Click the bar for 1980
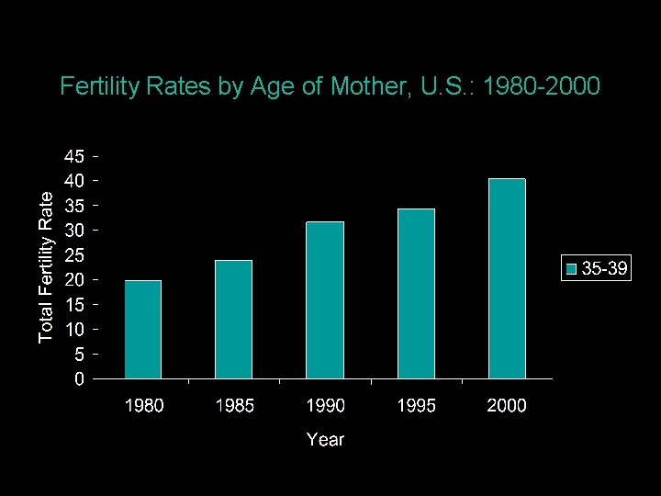(142, 329)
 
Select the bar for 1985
(233, 319)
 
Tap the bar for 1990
(325, 299)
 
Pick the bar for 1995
(416, 293)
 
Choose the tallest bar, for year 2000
(507, 278)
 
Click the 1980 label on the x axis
(143, 406)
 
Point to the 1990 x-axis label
(325, 406)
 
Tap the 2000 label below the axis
(507, 406)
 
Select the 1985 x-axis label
(234, 406)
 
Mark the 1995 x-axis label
(416, 406)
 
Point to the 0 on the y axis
(81, 378)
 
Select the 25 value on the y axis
(74, 254)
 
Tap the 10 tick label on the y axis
(74, 329)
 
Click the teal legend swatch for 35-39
(572, 269)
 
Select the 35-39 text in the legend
(605, 269)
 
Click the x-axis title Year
(325, 440)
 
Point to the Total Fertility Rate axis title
(46, 265)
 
